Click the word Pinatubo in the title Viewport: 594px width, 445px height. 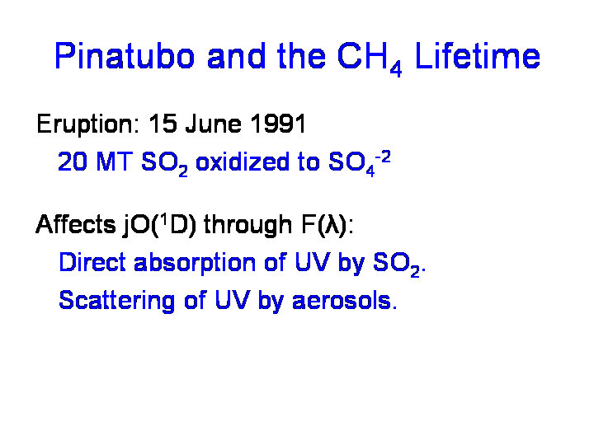click(x=125, y=56)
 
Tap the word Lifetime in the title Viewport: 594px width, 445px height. click(x=478, y=56)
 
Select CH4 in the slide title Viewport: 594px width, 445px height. click(x=370, y=59)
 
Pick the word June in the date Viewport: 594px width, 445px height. click(x=214, y=124)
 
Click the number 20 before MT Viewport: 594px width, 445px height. click(x=73, y=162)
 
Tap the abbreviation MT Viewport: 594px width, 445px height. click(x=115, y=162)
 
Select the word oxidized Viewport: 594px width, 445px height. click(x=242, y=162)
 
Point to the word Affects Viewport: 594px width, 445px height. click(x=76, y=224)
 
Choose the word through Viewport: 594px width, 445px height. click(x=248, y=226)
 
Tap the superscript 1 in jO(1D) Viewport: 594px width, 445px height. click(x=163, y=219)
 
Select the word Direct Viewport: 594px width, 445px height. click(x=92, y=262)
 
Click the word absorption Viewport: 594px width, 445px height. click(x=195, y=264)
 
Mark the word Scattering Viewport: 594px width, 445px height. click(x=116, y=302)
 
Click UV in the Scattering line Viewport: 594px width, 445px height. click(x=233, y=301)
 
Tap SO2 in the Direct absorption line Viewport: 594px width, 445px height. click(x=397, y=265)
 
